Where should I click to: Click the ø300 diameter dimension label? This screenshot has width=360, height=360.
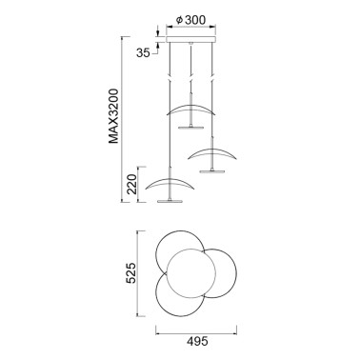click(x=191, y=20)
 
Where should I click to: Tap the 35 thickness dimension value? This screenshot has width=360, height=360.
click(x=143, y=52)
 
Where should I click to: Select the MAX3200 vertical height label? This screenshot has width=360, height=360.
click(x=113, y=116)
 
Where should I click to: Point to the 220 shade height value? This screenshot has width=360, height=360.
click(x=131, y=185)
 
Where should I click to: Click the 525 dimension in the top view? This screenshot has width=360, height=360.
click(x=131, y=272)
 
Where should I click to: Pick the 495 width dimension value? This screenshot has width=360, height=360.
click(x=197, y=342)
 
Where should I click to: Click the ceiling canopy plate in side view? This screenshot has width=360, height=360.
click(x=191, y=39)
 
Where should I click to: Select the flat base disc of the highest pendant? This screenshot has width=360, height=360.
click(x=190, y=128)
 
